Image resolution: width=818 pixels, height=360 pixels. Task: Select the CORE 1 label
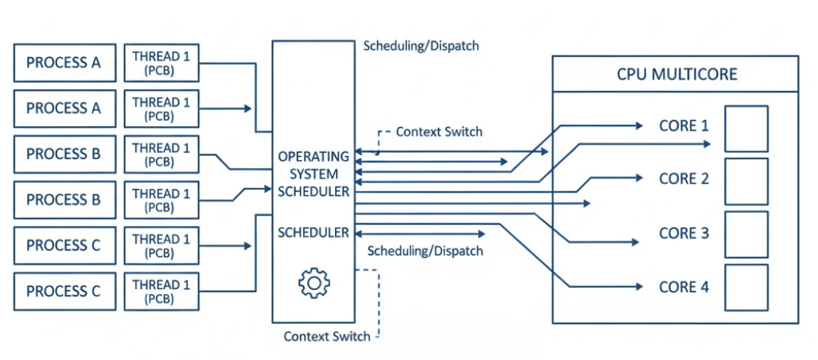coord(684,126)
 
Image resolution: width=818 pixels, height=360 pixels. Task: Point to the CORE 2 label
coord(684,178)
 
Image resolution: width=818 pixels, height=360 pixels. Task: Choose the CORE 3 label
coord(684,233)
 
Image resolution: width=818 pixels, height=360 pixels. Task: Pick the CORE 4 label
coord(684,286)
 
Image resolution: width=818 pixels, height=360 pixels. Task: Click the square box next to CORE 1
coord(746,129)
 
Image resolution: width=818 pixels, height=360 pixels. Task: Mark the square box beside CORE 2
coord(746,182)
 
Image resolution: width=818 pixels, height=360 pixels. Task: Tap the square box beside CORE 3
coord(746,235)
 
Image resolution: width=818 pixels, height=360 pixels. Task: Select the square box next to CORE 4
coord(746,288)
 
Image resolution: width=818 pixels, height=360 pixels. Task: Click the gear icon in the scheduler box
coord(314,283)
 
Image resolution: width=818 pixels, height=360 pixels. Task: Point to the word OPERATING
coord(313,156)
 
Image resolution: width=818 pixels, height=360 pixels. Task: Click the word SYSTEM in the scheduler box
coord(313,174)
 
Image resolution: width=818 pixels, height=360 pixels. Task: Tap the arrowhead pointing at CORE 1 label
coord(640,126)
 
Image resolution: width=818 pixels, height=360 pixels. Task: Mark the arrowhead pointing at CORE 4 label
coord(640,286)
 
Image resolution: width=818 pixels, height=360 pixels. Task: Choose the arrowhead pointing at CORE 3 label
coord(640,241)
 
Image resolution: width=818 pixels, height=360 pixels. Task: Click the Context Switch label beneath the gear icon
coord(327,336)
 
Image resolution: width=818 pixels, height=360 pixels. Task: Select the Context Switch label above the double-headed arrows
coord(439,131)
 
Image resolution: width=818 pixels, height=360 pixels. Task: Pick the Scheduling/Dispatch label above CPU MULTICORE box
coord(421,46)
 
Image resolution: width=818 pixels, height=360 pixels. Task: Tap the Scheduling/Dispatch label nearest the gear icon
coord(425,251)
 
